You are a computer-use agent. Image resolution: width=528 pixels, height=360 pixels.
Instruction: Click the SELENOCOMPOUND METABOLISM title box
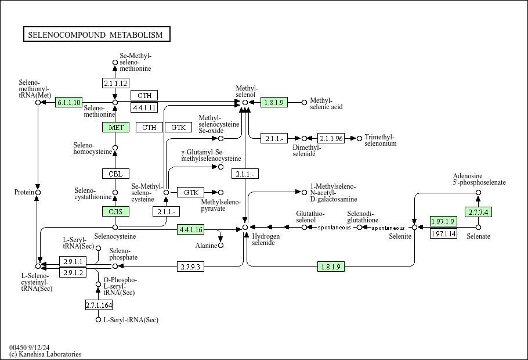click(x=97, y=34)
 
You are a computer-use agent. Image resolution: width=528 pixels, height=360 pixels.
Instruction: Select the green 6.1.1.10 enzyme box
click(x=68, y=102)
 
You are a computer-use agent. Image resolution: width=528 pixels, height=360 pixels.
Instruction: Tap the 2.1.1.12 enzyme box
click(x=115, y=83)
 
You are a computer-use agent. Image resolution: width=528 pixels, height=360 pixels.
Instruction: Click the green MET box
click(x=115, y=127)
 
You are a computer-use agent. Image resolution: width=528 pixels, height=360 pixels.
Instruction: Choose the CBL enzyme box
click(x=115, y=174)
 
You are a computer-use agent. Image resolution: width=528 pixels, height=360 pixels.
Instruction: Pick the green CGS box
click(x=115, y=212)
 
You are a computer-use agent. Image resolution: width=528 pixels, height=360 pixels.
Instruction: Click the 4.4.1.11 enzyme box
click(x=144, y=107)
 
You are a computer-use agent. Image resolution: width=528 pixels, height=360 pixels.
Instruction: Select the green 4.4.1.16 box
click(x=191, y=229)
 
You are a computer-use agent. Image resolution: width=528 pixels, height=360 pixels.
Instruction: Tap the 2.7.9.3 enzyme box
click(x=190, y=267)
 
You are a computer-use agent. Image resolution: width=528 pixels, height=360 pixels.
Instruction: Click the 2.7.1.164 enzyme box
click(x=99, y=305)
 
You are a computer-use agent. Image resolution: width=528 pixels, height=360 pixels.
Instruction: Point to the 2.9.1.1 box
click(x=73, y=261)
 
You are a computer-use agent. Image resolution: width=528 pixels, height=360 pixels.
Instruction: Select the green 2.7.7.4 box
click(x=478, y=212)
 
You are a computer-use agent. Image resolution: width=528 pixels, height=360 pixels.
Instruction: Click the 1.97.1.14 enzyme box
click(x=443, y=233)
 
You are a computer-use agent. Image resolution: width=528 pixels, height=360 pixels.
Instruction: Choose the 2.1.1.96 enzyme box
click(x=331, y=138)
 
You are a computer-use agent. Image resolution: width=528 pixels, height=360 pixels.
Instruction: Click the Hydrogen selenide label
click(x=266, y=239)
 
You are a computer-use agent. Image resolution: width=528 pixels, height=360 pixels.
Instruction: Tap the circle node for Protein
click(x=38, y=192)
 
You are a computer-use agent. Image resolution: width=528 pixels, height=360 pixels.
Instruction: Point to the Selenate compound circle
click(x=478, y=227)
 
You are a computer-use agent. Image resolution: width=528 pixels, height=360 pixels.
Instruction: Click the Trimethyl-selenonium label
click(x=381, y=140)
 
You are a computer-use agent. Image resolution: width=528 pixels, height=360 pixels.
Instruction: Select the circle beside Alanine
click(x=220, y=246)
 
